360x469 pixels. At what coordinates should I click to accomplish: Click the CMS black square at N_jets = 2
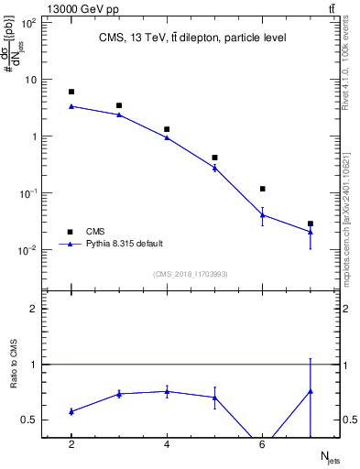pyautogui.click(x=71, y=92)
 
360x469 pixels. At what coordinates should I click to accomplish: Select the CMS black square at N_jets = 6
pyautogui.click(x=263, y=189)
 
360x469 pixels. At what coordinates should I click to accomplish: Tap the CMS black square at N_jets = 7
pyautogui.click(x=311, y=224)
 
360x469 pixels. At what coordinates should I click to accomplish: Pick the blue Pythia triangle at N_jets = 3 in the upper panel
pyautogui.click(x=119, y=115)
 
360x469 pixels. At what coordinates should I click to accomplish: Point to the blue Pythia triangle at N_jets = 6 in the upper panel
pyautogui.click(x=263, y=215)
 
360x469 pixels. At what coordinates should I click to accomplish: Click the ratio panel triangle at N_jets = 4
pyautogui.click(x=167, y=391)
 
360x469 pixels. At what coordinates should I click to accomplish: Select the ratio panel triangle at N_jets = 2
pyautogui.click(x=71, y=411)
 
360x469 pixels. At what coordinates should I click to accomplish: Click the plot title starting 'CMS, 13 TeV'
pyautogui.click(x=192, y=38)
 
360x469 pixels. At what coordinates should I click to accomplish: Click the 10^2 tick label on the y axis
pyautogui.click(x=28, y=22)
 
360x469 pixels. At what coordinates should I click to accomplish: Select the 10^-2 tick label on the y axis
pyautogui.click(x=28, y=250)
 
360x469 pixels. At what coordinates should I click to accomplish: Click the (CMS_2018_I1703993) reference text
pyautogui.click(x=191, y=274)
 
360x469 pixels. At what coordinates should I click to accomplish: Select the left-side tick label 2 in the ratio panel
pyautogui.click(x=33, y=309)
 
